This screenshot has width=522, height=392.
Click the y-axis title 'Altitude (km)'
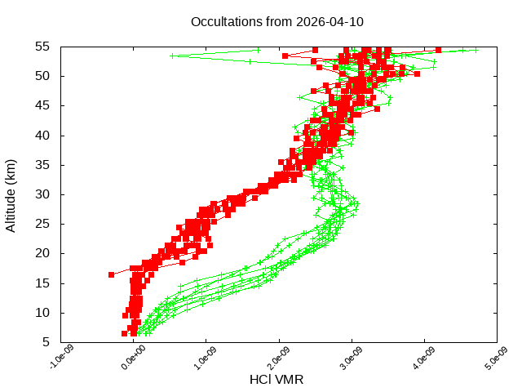pos(11,195)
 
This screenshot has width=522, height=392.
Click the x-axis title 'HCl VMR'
pos(276,379)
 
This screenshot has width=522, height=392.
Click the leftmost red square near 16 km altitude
pos(111,274)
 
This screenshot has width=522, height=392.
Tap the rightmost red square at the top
pos(439,49)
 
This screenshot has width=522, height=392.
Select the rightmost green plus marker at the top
pos(476,49)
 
